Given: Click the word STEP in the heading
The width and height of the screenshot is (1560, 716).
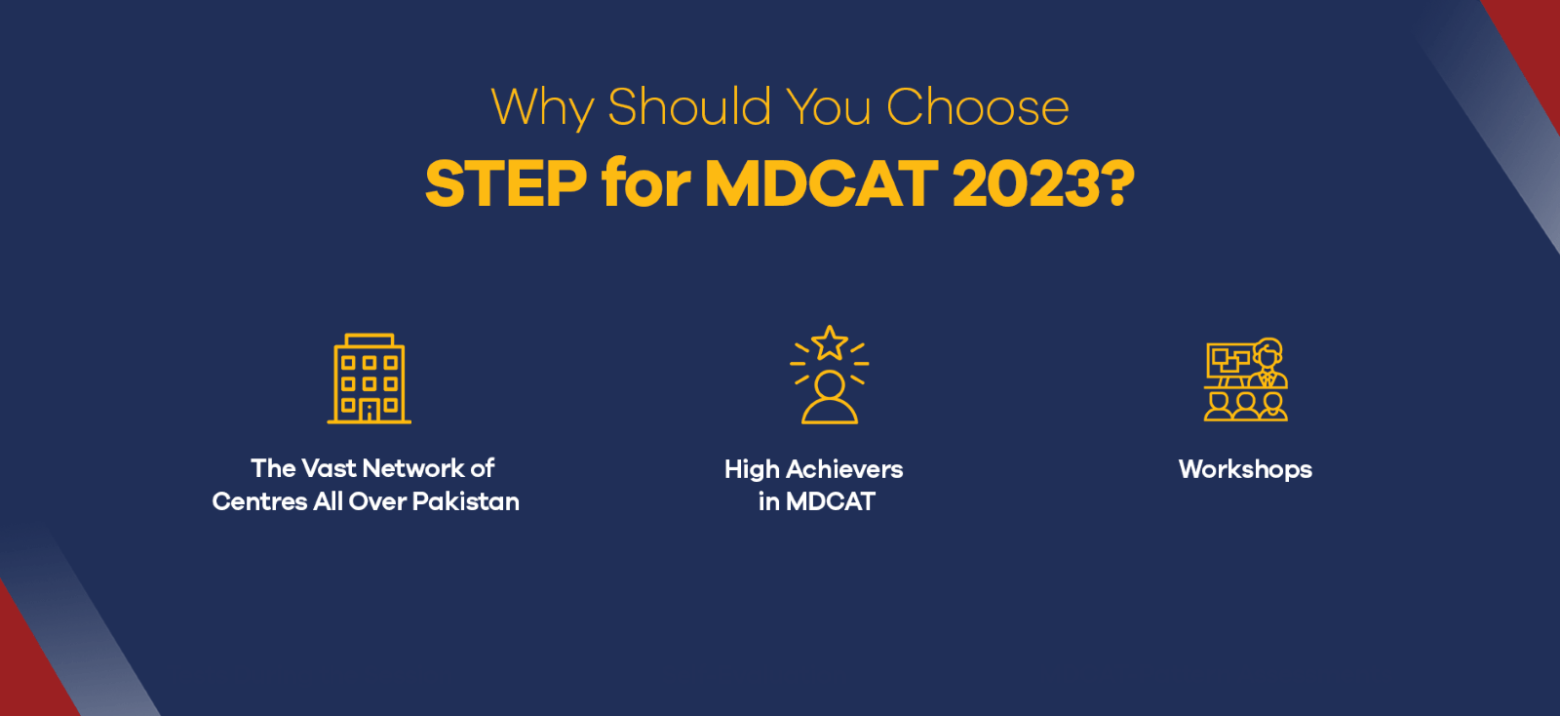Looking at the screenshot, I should [506, 183].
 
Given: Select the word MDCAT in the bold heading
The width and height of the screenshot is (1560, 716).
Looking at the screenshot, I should [821, 183].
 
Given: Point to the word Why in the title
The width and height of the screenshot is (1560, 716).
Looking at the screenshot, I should [542, 108].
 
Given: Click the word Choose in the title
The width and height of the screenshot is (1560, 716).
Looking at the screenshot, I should [977, 107].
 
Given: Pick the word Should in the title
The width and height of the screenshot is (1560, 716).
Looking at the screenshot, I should [689, 107].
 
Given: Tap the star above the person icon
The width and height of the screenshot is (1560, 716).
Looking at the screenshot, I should [830, 343].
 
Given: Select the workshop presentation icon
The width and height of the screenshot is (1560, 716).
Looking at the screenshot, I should [1246, 379].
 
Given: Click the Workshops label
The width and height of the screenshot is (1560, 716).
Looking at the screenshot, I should [1245, 470].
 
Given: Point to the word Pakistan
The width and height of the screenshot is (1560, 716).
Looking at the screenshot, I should [466, 501].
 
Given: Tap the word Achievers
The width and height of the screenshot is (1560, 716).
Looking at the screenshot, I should [844, 469].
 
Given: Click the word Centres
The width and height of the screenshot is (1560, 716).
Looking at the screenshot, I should [259, 501].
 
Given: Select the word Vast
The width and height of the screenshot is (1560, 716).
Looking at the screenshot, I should [329, 468].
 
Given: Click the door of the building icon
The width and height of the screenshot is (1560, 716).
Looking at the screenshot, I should [370, 412].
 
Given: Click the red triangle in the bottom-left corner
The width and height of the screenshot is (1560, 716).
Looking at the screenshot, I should [29, 663].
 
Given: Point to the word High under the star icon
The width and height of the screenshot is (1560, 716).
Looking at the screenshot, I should [752, 469].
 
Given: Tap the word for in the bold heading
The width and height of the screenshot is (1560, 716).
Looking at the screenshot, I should [645, 183].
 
